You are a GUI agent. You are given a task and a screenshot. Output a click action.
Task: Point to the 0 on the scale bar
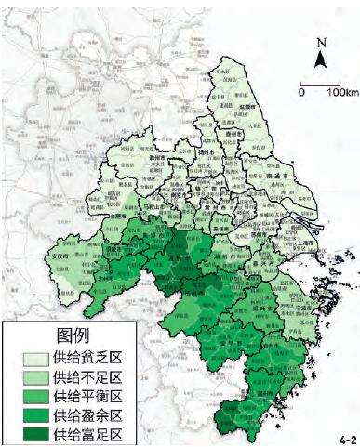(x=301, y=93)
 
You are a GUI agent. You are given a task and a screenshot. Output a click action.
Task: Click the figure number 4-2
(x=346, y=435)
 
